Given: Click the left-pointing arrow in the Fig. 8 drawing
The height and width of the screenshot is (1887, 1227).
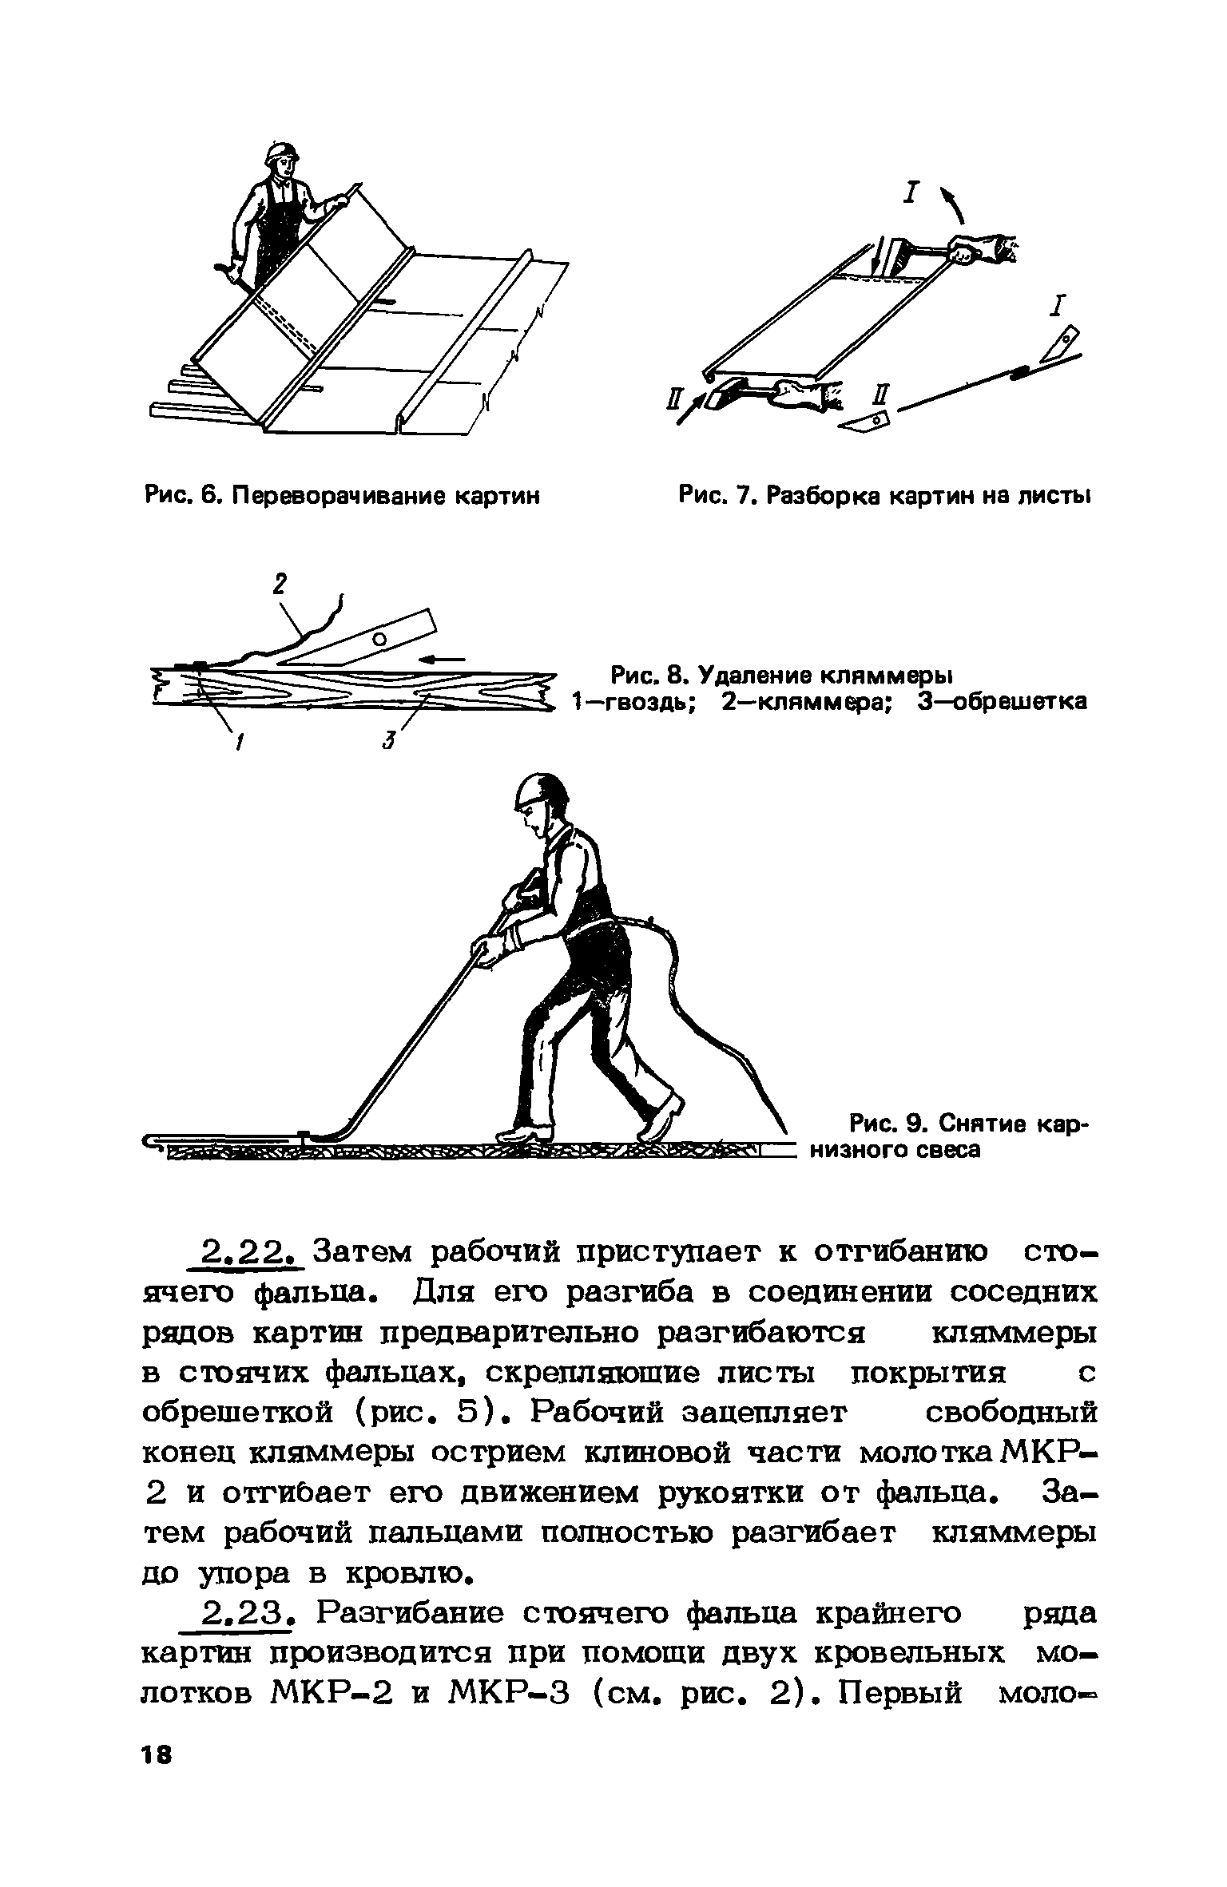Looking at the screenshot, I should point(443,659).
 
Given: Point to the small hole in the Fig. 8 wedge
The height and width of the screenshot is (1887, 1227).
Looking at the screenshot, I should point(379,637).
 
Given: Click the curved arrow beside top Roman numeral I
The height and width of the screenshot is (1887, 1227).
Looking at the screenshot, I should point(955,206).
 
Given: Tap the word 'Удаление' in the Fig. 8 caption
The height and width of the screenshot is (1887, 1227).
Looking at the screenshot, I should point(750,676).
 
